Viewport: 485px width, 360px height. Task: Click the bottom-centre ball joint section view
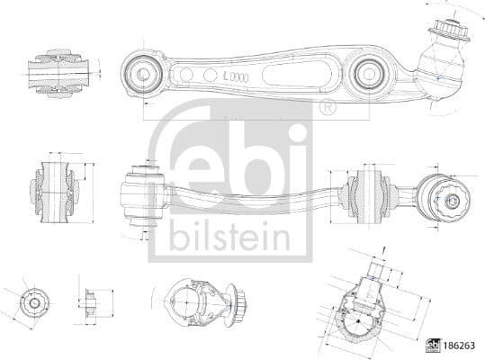200,303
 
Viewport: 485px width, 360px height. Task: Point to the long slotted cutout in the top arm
288,72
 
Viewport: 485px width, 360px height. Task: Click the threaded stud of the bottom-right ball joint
379,271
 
